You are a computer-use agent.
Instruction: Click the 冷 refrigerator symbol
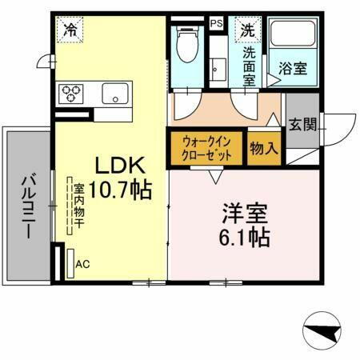[71, 31]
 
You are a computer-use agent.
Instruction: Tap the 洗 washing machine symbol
[246, 31]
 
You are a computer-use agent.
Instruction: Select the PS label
[216, 24]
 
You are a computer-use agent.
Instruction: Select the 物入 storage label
[263, 148]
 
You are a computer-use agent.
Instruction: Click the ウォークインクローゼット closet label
[206, 148]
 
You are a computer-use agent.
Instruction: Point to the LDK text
[120, 166]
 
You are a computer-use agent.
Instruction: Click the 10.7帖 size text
[120, 191]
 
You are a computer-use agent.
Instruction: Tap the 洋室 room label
[245, 214]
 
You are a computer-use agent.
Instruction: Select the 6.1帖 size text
[245, 238]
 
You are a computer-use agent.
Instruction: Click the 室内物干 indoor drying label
[79, 207]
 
